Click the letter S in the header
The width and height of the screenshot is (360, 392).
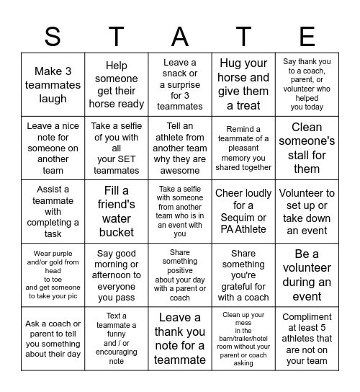[53, 37]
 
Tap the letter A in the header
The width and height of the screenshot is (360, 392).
[180, 37]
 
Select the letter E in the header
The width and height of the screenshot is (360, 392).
[307, 37]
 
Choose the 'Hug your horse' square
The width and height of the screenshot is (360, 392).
[243, 84]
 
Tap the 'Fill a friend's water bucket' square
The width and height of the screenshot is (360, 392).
[116, 211]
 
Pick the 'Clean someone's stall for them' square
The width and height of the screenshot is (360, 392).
[307, 148]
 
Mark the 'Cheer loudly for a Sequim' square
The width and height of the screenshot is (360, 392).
[243, 211]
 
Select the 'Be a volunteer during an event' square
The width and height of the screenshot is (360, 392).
[307, 275]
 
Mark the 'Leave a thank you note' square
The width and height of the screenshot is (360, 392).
[180, 338]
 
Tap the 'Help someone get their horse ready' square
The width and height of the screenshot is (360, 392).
[116, 84]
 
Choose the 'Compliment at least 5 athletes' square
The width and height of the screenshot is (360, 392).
[307, 338]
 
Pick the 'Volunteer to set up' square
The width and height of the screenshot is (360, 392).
[307, 211]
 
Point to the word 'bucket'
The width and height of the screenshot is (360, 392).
[116, 232]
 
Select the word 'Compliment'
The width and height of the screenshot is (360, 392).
[307, 317]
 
